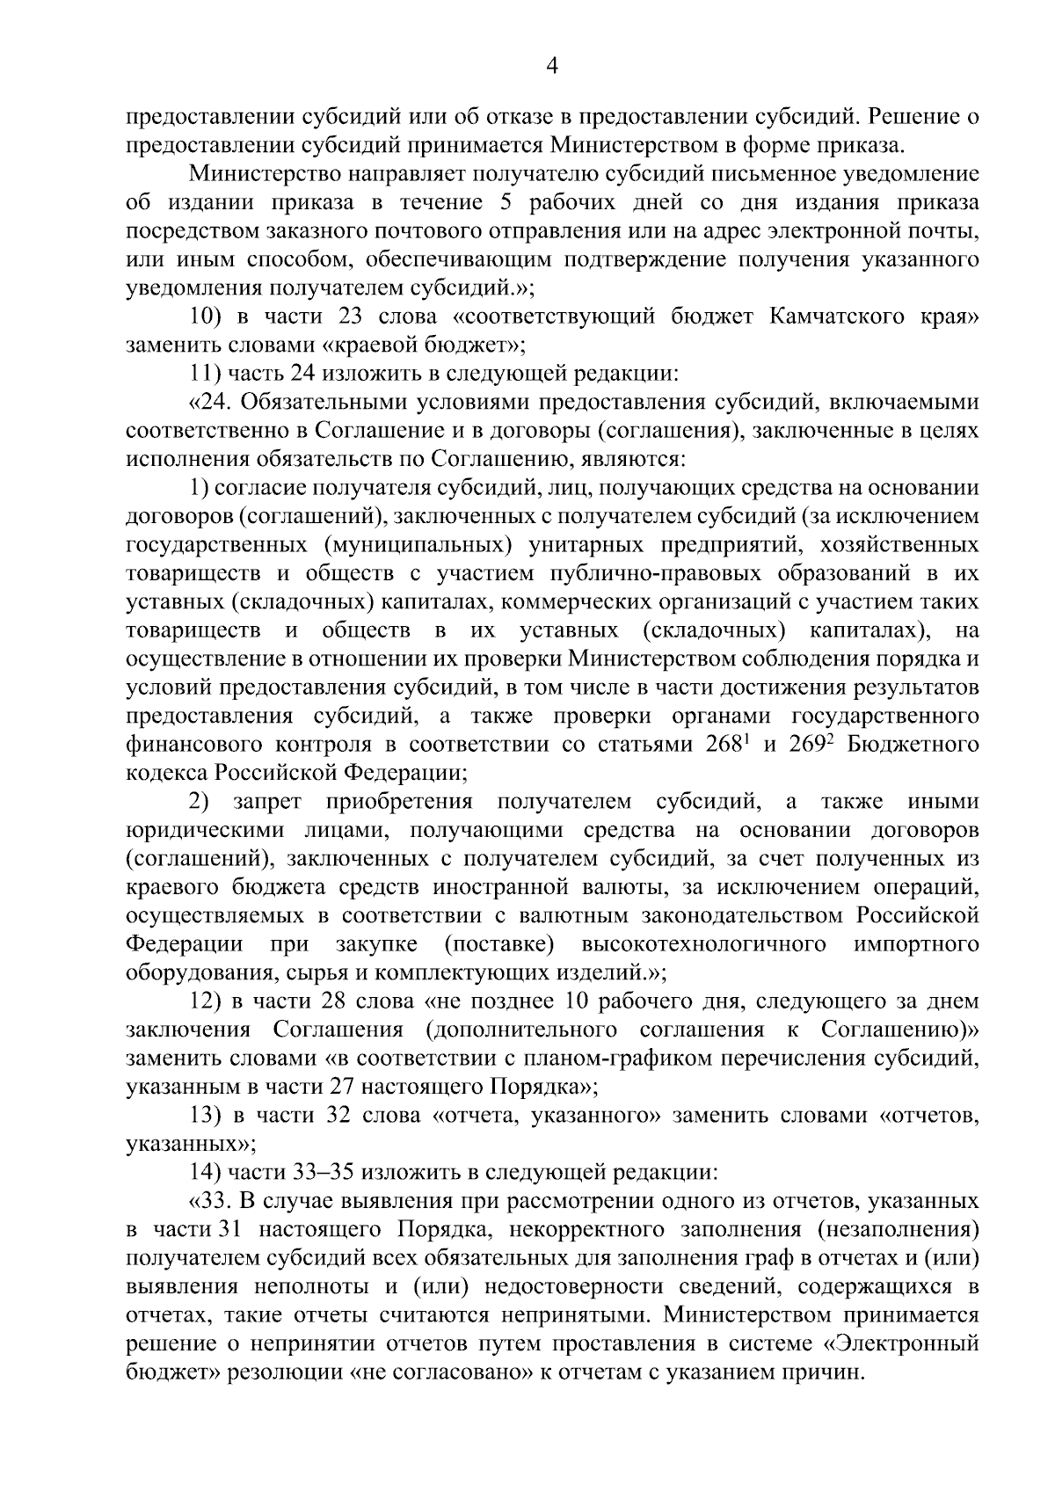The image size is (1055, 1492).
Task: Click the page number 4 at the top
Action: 553,67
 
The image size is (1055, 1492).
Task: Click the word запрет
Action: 268,802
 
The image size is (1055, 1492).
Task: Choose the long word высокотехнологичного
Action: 703,944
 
